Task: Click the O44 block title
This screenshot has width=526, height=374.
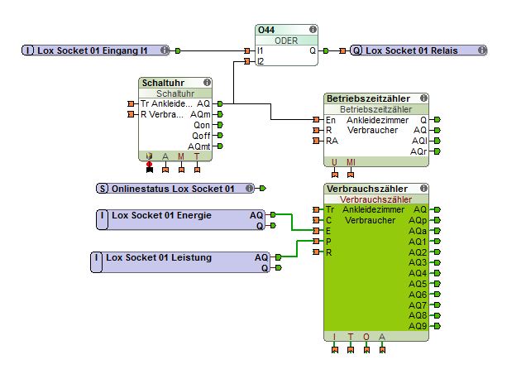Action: click(x=266, y=29)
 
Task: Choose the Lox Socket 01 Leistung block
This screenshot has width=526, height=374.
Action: click(x=158, y=257)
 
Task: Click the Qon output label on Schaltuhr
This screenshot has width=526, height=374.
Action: click(x=200, y=125)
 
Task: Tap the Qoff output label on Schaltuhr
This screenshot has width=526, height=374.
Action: click(x=199, y=136)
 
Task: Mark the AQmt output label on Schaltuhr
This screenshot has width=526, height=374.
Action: click(x=198, y=146)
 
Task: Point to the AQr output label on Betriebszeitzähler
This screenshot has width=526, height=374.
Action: click(x=419, y=151)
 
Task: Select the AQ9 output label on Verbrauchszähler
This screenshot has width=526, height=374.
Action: click(x=418, y=326)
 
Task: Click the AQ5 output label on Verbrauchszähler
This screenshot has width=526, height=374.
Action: click(x=418, y=284)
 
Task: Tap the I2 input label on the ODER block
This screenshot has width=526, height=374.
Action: click(x=261, y=61)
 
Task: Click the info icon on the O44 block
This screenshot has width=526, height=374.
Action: click(x=311, y=29)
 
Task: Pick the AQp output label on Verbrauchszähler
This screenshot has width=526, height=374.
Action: click(x=418, y=220)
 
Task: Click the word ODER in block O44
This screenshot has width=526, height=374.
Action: click(x=286, y=40)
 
